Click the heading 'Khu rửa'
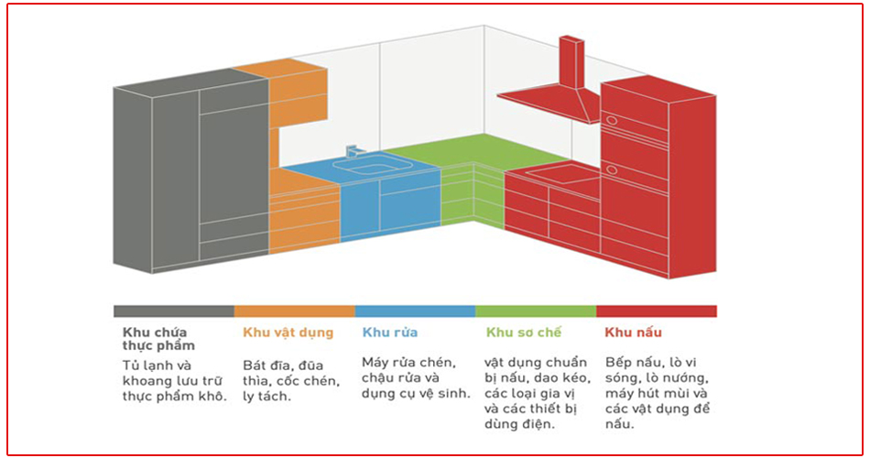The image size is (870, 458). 389,333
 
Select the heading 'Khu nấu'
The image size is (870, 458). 633,333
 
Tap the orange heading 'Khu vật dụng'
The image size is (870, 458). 288,333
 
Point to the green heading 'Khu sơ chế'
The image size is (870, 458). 524,333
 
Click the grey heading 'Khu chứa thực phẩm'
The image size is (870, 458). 158,339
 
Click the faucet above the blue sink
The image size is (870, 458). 353,150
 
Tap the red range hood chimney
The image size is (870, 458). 571,62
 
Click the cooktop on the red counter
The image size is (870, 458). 561,174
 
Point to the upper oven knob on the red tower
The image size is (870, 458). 611,120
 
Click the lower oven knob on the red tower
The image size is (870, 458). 611,169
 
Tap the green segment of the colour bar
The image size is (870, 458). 536,311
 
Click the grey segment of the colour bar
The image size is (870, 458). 174,311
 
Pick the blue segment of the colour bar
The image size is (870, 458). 415,311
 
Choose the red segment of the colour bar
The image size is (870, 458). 657,311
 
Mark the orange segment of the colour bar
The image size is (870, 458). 295,311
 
